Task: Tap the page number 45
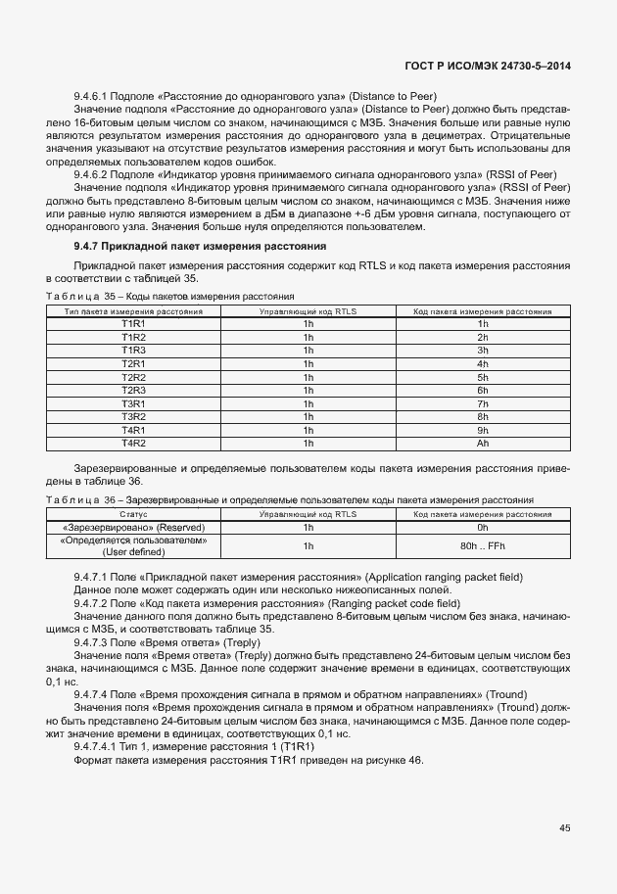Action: pyautogui.click(x=564, y=828)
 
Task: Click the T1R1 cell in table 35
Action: pyautogui.click(x=133, y=323)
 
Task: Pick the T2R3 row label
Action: pyautogui.click(x=133, y=390)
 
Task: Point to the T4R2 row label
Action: pyautogui.click(x=133, y=444)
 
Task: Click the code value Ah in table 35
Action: pyautogui.click(x=482, y=444)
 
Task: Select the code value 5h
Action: pyautogui.click(x=482, y=377)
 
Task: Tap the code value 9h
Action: pyautogui.click(x=482, y=430)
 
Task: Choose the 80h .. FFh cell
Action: pyautogui.click(x=482, y=545)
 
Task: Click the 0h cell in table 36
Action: pyautogui.click(x=482, y=527)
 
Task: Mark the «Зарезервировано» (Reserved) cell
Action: pyautogui.click(x=133, y=527)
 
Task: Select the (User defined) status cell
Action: pyautogui.click(x=133, y=552)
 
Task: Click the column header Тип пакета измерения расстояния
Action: pyautogui.click(x=133, y=310)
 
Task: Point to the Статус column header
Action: pyautogui.click(x=133, y=513)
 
